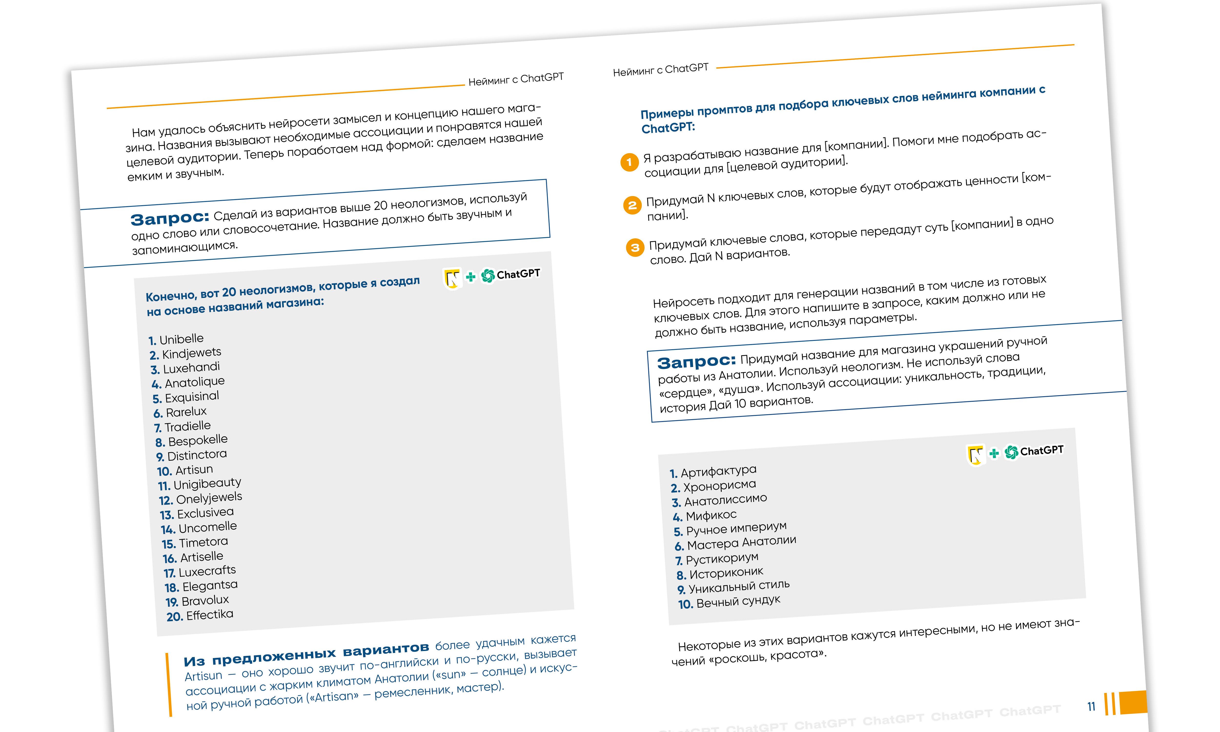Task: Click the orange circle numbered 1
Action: pyautogui.click(x=629, y=162)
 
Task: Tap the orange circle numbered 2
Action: pyautogui.click(x=632, y=205)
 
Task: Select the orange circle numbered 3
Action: pyautogui.click(x=635, y=248)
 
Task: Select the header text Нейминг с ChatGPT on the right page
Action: pyautogui.click(x=660, y=70)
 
